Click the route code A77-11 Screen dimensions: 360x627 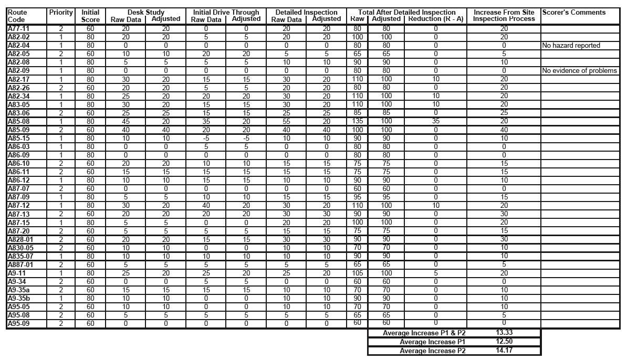(x=18, y=28)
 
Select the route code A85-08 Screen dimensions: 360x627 (x=18, y=121)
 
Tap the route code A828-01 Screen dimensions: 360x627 (x=20, y=239)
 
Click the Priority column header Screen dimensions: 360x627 (x=60, y=12)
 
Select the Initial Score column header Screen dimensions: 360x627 (x=90, y=16)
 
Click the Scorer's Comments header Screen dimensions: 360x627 (x=573, y=12)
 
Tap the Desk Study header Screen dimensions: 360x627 (x=145, y=12)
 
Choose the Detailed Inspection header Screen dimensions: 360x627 (x=307, y=12)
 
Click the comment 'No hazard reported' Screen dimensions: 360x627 (x=571, y=46)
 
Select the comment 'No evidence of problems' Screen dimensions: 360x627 (x=580, y=71)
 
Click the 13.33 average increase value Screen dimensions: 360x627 (x=504, y=333)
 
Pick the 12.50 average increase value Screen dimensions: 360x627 (x=504, y=342)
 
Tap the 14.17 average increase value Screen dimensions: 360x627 (x=504, y=351)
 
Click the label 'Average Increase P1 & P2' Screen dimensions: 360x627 (x=424, y=333)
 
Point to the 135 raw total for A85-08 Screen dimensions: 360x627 (x=357, y=121)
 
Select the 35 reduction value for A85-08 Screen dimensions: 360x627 (x=435, y=121)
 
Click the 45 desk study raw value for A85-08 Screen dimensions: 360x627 (x=125, y=121)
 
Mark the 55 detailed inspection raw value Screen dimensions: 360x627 (x=286, y=121)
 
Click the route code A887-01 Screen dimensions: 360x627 (x=20, y=264)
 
